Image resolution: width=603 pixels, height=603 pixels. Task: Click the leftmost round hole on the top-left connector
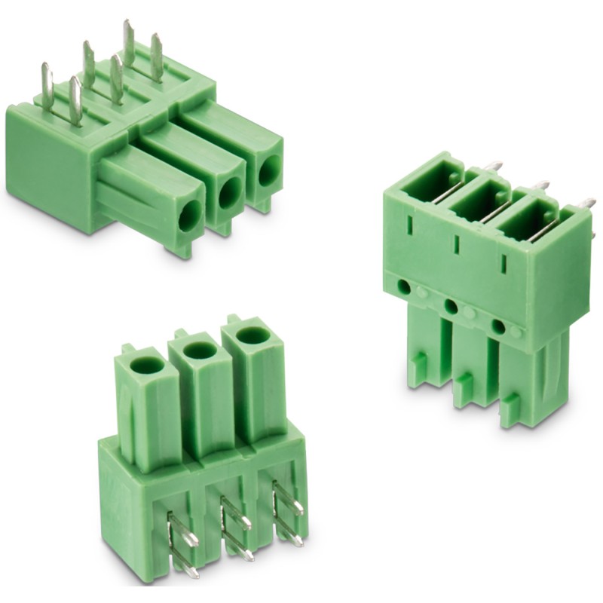point(188,215)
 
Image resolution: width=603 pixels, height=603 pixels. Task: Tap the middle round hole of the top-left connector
point(229,196)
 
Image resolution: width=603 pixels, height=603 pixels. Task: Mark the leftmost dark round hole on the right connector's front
point(405,287)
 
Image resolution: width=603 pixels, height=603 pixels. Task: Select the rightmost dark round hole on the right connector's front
point(498,327)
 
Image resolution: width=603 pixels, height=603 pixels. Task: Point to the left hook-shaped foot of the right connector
point(418,366)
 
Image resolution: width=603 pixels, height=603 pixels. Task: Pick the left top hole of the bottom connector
point(146,366)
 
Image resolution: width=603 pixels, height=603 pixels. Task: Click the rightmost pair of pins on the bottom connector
point(287,513)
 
